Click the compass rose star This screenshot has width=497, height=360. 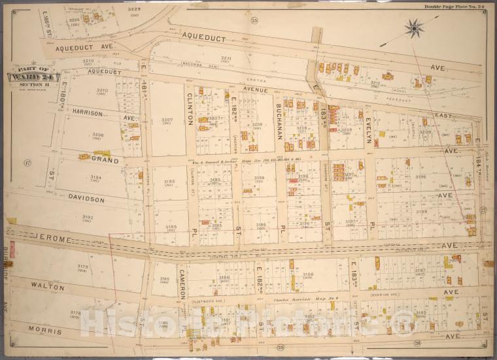[x=413, y=27]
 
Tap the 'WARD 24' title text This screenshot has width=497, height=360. [x=30, y=76]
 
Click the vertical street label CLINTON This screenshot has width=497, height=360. [x=190, y=108]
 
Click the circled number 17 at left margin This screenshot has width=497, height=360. [x=27, y=162]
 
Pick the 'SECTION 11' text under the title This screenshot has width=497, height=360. [x=29, y=84]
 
